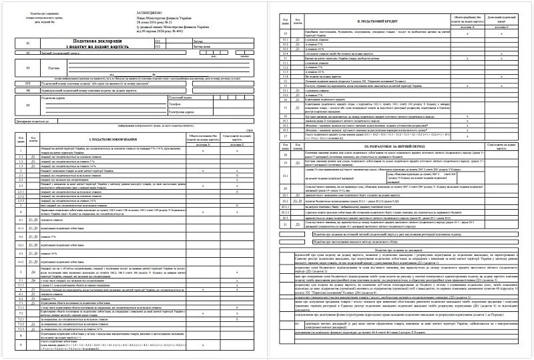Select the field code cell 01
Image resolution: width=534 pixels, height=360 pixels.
pos(27,43)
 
